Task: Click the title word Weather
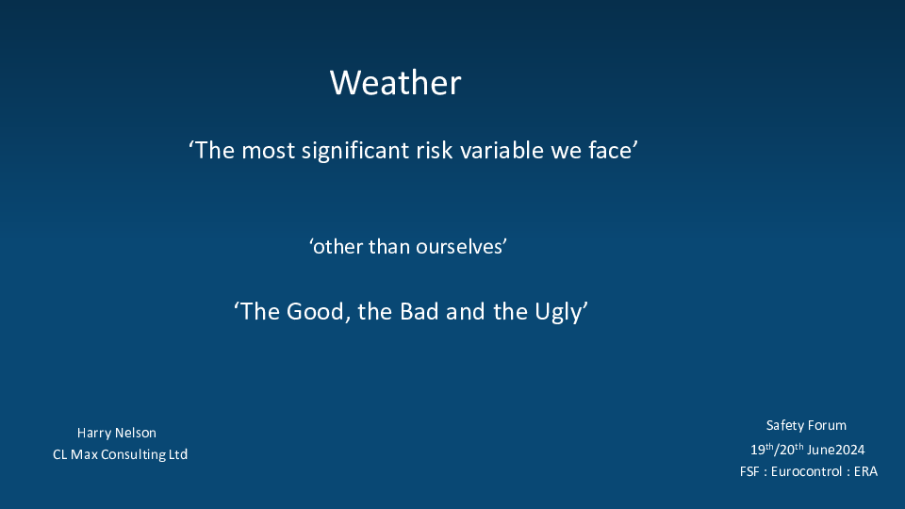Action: point(395,83)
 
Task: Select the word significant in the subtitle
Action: point(355,151)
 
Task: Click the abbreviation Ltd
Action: point(178,454)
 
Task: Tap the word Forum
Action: point(827,425)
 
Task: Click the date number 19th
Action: point(762,449)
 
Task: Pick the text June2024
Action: point(836,450)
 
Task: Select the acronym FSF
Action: point(749,471)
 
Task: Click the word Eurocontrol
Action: point(806,471)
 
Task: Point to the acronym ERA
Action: point(865,471)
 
